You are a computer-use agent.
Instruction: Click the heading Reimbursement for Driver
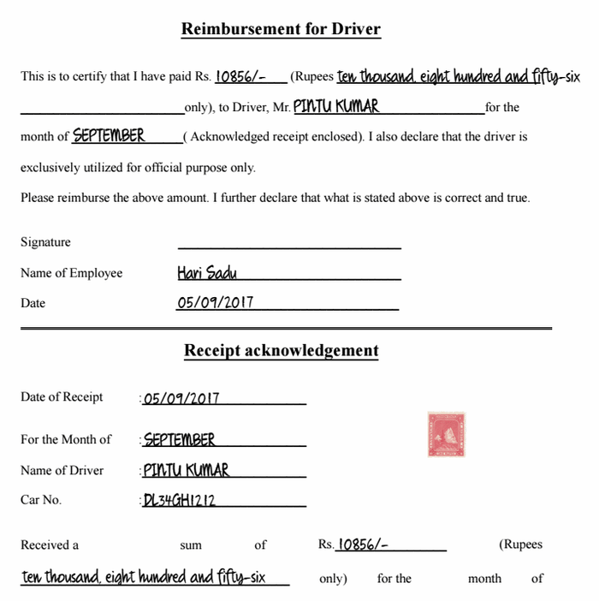click(281, 29)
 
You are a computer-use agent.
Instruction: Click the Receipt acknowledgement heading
click(281, 350)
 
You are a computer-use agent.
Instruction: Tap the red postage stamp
click(446, 434)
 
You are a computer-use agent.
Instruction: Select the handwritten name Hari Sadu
click(207, 273)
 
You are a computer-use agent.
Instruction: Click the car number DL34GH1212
click(180, 501)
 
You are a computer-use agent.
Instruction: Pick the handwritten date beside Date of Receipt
click(181, 398)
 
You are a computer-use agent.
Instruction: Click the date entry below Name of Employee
click(215, 303)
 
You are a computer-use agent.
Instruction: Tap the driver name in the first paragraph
click(335, 107)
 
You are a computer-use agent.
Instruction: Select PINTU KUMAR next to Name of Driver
click(187, 470)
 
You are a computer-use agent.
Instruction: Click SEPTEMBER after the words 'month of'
click(109, 136)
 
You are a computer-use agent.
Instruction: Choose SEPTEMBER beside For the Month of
click(180, 440)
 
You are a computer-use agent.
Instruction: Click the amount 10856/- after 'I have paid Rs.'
click(239, 76)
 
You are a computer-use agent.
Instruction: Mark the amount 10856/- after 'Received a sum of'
click(364, 544)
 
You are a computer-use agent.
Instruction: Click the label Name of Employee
click(71, 273)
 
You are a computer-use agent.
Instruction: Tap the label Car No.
click(41, 500)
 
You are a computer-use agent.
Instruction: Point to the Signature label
click(45, 242)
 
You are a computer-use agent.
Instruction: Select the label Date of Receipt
click(62, 397)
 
